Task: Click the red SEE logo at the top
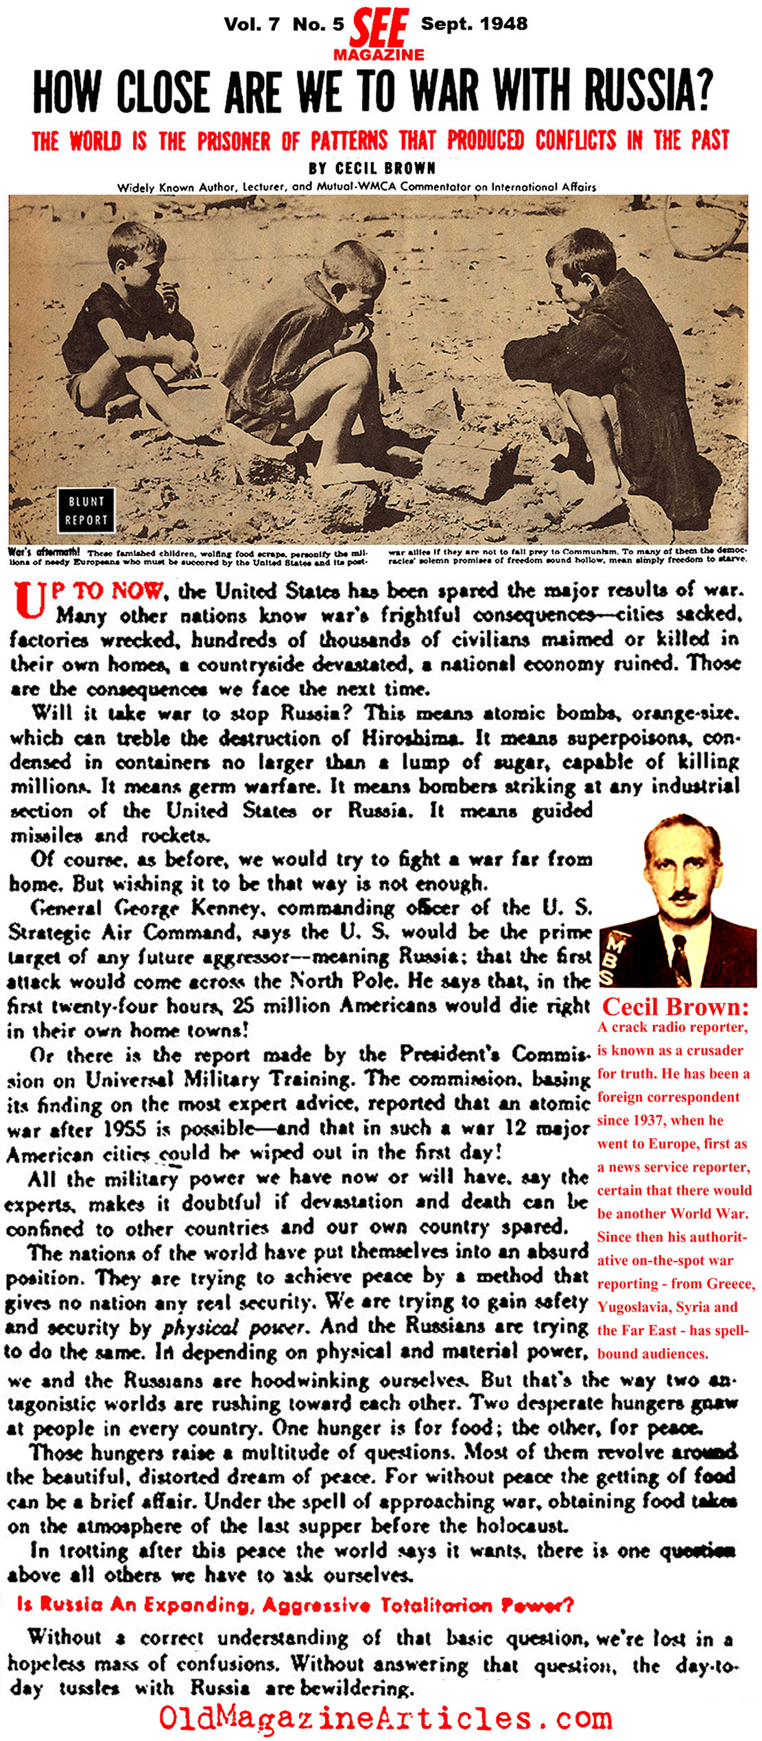(x=379, y=27)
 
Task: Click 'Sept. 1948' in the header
(x=474, y=23)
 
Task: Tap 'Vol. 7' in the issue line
(x=252, y=24)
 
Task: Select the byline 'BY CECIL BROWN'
(x=372, y=168)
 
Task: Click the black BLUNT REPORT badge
(x=86, y=510)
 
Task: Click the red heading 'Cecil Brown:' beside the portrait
(x=675, y=1007)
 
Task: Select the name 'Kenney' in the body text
(x=226, y=908)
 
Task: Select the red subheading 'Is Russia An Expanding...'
(x=295, y=1605)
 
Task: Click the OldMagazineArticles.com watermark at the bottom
(x=385, y=1718)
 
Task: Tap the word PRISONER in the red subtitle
(x=234, y=141)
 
